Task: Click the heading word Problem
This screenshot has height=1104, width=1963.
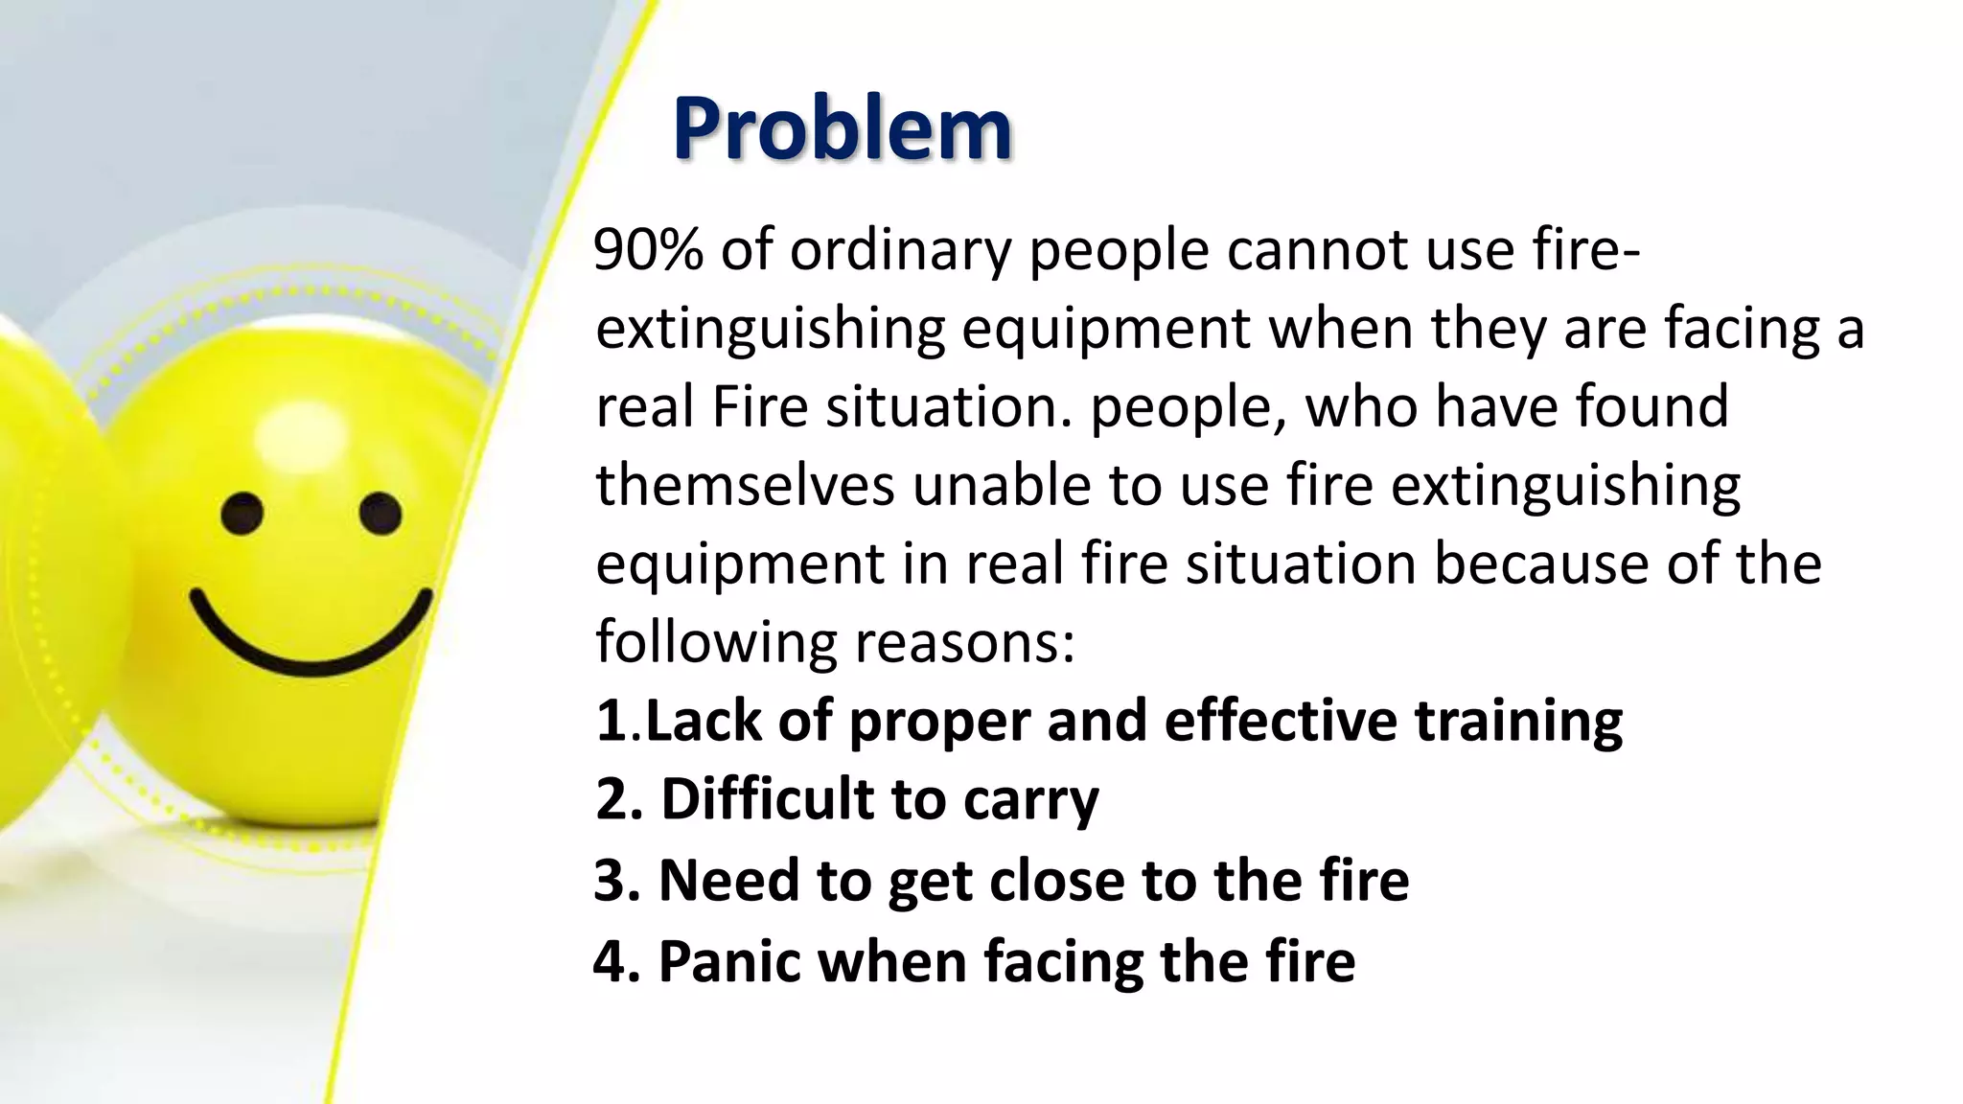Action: pyautogui.click(x=842, y=128)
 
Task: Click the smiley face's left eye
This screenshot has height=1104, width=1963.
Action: pyautogui.click(x=242, y=514)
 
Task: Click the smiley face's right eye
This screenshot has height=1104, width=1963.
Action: pyautogui.click(x=381, y=513)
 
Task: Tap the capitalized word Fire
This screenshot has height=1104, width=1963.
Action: pyautogui.click(x=760, y=406)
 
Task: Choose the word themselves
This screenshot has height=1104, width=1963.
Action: pyautogui.click(x=745, y=485)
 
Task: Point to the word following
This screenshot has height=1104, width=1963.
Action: pyautogui.click(x=715, y=642)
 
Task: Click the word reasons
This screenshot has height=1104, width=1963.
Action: pyautogui.click(x=964, y=642)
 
